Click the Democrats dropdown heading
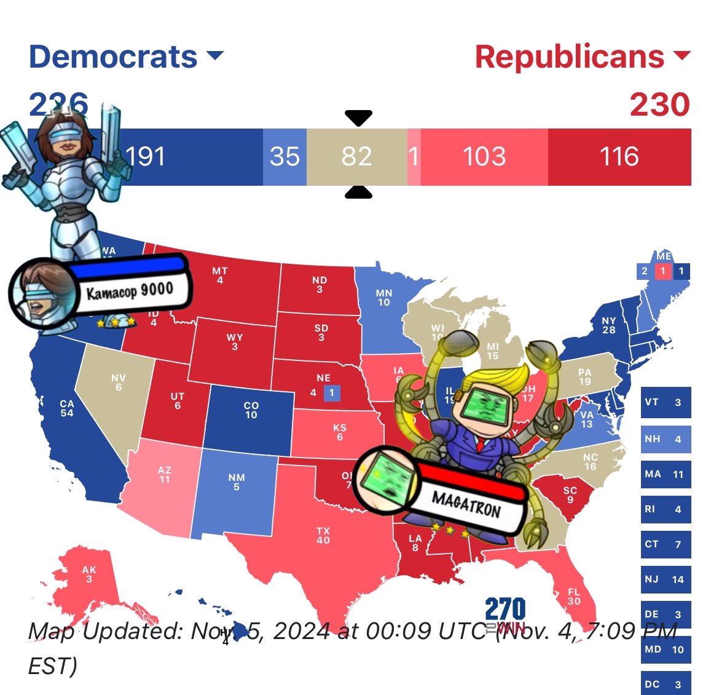pyautogui.click(x=125, y=57)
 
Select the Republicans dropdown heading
pyautogui.click(x=582, y=57)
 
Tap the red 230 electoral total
pyautogui.click(x=659, y=105)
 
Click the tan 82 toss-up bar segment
pyautogui.click(x=356, y=157)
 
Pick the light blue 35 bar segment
pyautogui.click(x=285, y=157)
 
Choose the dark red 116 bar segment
pyautogui.click(x=619, y=157)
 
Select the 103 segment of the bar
pyautogui.click(x=484, y=157)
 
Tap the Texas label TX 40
pyautogui.click(x=323, y=535)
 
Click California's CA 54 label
pyautogui.click(x=67, y=408)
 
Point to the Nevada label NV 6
pyautogui.click(x=119, y=382)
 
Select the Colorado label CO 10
pyautogui.click(x=251, y=410)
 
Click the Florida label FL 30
pyautogui.click(x=574, y=596)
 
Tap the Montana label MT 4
pyautogui.click(x=220, y=275)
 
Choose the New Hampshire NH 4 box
pyautogui.click(x=666, y=439)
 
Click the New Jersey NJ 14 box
pyautogui.click(x=666, y=579)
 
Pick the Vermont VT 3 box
pyautogui.click(x=666, y=403)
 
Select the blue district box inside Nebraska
pyautogui.click(x=332, y=392)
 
